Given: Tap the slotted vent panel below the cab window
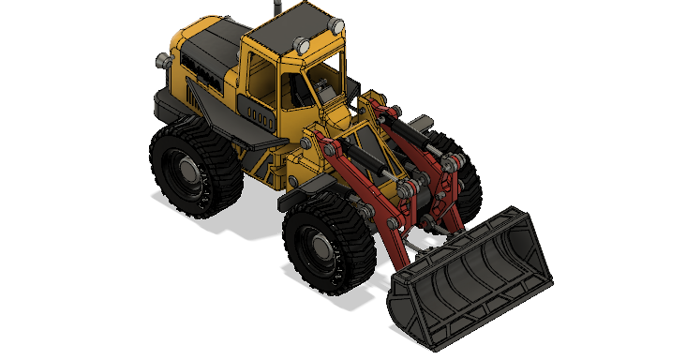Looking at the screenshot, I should [x=257, y=112].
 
